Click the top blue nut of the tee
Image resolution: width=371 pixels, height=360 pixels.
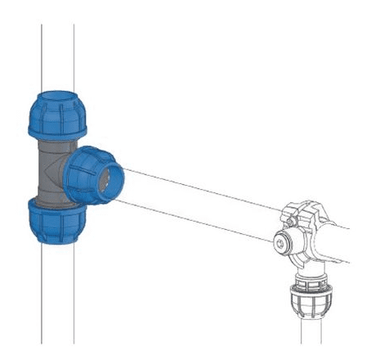57,114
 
